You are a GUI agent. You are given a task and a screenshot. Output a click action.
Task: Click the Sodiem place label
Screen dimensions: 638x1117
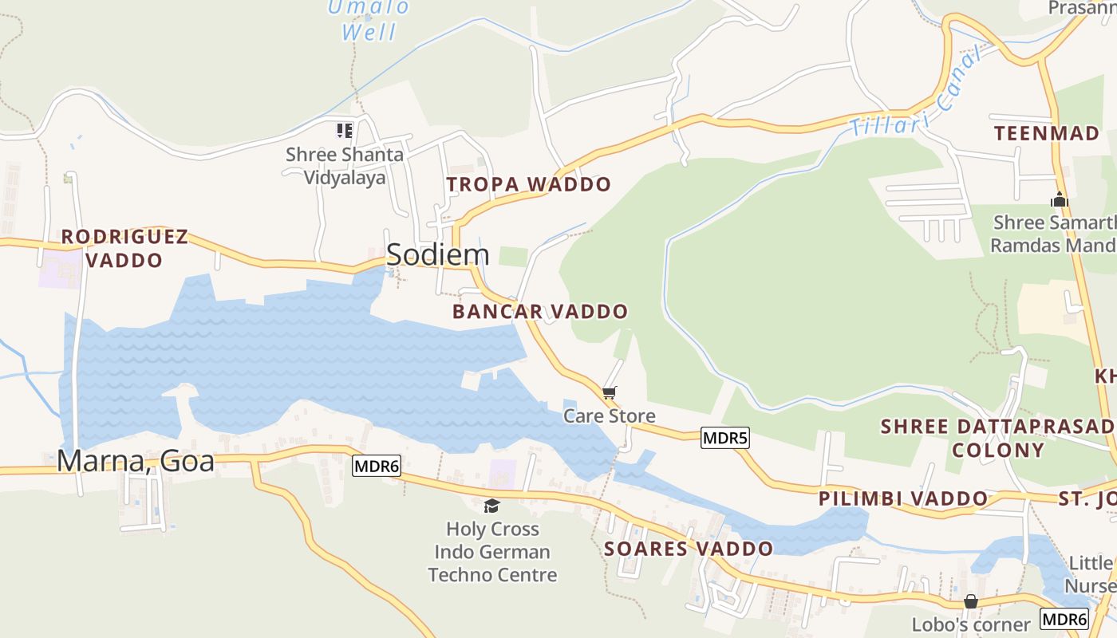437,254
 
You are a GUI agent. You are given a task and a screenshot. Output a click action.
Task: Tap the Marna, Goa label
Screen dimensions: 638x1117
136,461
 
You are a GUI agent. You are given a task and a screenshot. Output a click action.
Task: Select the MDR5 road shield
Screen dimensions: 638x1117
725,438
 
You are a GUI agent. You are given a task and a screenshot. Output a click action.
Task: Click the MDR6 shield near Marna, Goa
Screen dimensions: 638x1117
376,466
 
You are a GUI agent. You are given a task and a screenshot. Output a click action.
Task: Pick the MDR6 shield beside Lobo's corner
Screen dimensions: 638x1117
1064,619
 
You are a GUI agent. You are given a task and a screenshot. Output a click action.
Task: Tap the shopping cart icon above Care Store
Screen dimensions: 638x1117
610,392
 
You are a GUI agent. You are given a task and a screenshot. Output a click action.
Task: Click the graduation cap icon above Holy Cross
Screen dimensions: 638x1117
492,506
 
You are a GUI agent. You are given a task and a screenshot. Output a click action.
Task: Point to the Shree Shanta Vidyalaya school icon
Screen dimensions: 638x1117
344,130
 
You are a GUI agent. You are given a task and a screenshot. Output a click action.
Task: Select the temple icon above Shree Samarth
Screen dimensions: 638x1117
1059,199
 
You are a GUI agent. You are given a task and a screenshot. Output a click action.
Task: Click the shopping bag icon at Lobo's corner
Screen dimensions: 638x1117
971,601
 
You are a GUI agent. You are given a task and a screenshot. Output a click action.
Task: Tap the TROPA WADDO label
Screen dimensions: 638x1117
528,185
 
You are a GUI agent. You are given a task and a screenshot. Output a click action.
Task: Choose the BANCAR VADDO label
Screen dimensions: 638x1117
540,312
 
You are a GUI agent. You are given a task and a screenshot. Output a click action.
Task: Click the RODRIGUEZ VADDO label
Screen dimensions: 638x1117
124,248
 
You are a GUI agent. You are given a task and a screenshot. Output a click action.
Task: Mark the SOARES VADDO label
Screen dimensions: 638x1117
689,549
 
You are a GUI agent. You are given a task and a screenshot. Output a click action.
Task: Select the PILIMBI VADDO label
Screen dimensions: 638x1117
903,499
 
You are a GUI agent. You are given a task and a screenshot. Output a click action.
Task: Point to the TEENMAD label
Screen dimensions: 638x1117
1047,133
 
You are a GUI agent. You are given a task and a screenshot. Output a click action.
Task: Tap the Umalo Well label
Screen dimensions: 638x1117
369,20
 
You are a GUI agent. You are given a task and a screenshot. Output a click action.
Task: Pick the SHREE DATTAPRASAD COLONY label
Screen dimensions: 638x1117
997,438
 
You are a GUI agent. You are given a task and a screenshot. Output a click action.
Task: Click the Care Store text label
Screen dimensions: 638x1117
610,415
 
